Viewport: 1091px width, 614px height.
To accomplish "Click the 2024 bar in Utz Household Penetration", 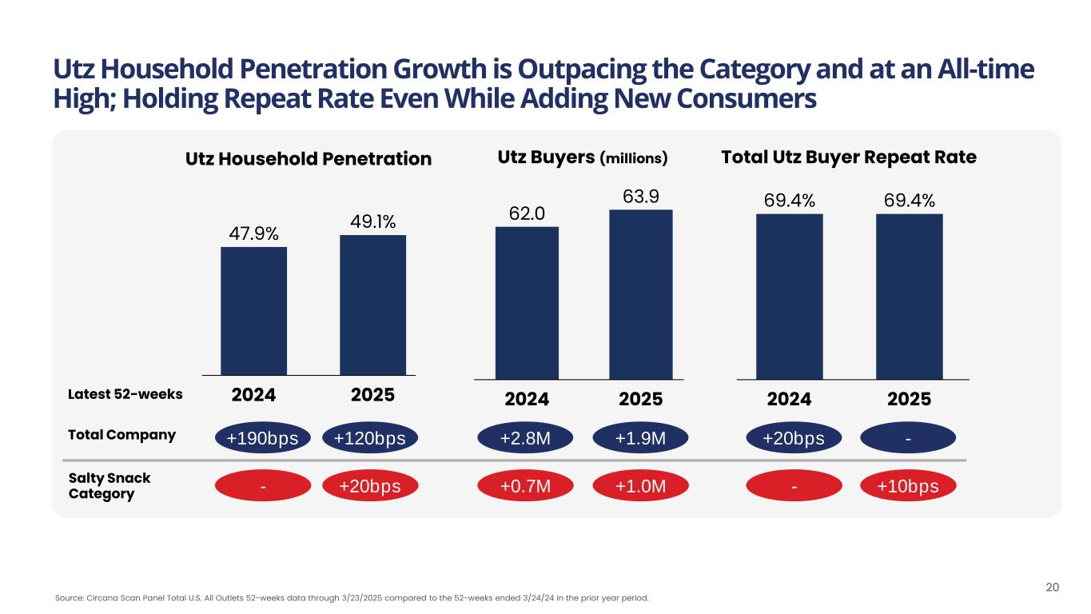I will [x=253, y=310].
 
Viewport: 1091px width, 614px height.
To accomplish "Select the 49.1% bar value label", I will [x=372, y=221].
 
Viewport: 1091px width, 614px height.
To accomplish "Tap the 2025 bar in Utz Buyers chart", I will [x=640, y=293].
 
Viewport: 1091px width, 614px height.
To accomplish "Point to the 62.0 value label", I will [x=527, y=213].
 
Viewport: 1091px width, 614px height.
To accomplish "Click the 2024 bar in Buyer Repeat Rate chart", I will [x=789, y=296].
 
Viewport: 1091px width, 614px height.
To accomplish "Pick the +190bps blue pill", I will [x=261, y=438].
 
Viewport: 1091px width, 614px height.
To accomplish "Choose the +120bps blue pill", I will [x=369, y=438].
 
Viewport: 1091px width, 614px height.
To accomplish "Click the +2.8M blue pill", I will [x=525, y=437].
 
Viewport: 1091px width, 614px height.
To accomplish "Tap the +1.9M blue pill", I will [x=640, y=437].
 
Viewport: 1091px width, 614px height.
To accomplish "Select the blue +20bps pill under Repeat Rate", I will [x=794, y=437].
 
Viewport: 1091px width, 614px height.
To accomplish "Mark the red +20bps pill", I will [x=369, y=486].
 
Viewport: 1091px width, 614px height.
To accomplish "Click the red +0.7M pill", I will [x=525, y=486].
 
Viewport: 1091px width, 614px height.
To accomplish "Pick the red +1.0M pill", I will [x=640, y=486].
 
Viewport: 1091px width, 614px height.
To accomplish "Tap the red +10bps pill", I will [x=909, y=486].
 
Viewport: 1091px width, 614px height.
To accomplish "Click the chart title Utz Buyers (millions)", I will [x=582, y=158].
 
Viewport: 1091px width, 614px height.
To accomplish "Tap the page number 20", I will [x=1053, y=588].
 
